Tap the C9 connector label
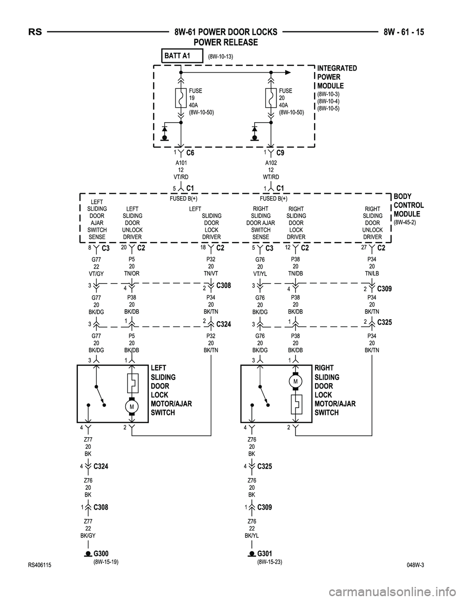280,153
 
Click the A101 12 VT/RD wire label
181,170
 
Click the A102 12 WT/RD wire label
271,170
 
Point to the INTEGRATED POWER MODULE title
337,77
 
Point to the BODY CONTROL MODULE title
409,205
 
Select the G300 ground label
101,553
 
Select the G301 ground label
264,553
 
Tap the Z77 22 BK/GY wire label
88,529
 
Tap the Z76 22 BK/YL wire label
252,529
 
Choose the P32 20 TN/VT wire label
211,266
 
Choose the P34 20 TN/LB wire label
372,266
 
